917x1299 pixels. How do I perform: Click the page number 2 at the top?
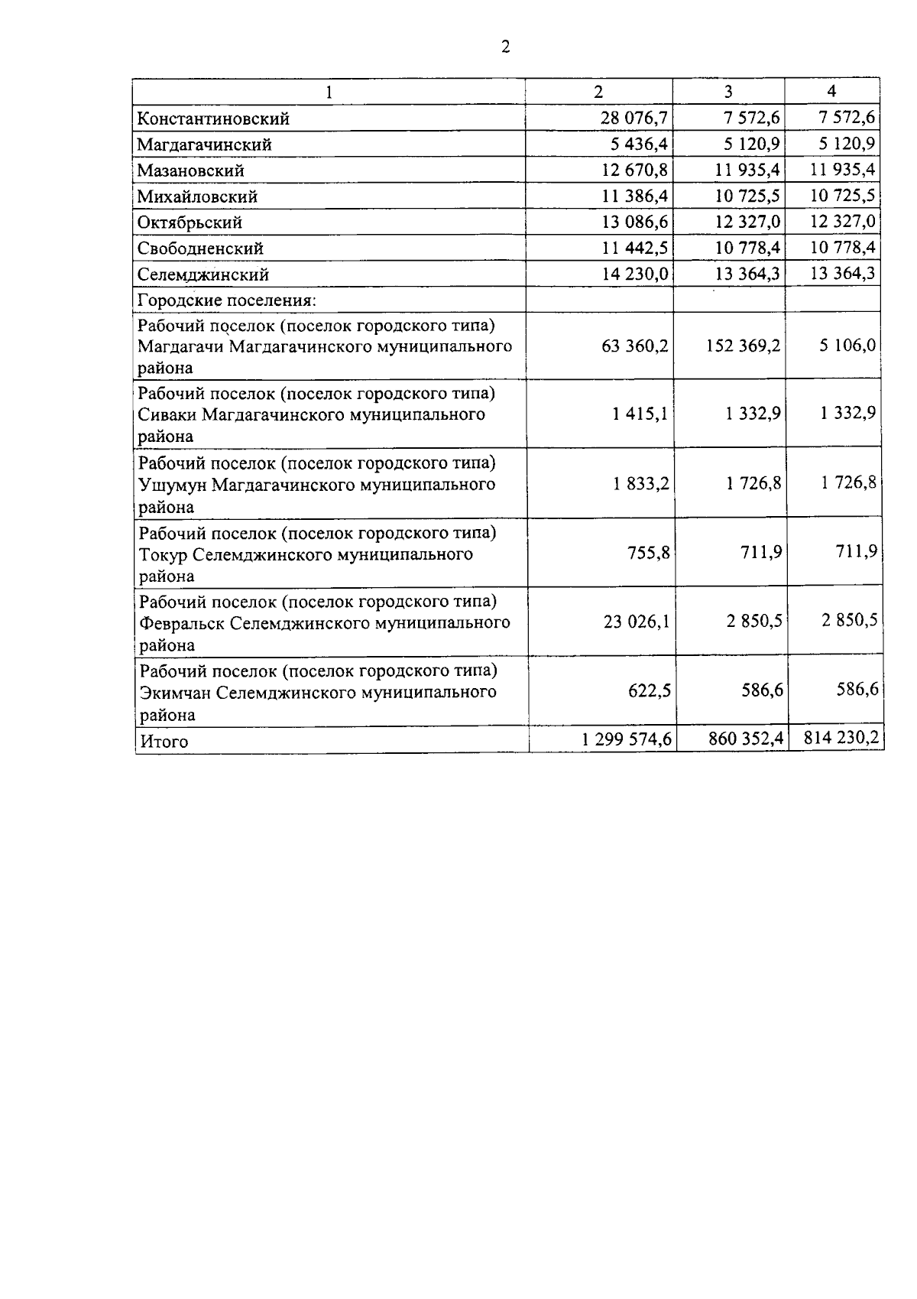pyautogui.click(x=505, y=47)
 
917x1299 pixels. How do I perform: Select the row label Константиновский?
pyautogui.click(x=213, y=119)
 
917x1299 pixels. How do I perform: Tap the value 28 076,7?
pyautogui.click(x=634, y=118)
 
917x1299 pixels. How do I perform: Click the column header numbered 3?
pyautogui.click(x=728, y=92)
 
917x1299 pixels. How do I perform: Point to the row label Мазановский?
pyautogui.click(x=191, y=170)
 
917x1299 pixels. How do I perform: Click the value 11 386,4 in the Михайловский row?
pyautogui.click(x=634, y=196)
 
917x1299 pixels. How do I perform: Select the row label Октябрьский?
pyautogui.click(x=190, y=222)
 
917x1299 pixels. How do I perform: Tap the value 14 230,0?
pyautogui.click(x=635, y=274)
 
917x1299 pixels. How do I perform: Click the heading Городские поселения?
pyautogui.click(x=227, y=300)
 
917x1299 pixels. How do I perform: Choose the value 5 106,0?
pyautogui.click(x=847, y=345)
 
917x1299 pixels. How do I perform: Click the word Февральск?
pyautogui.click(x=182, y=622)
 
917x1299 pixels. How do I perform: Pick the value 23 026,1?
pyautogui.click(x=637, y=621)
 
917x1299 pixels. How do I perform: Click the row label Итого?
pyautogui.click(x=164, y=741)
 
